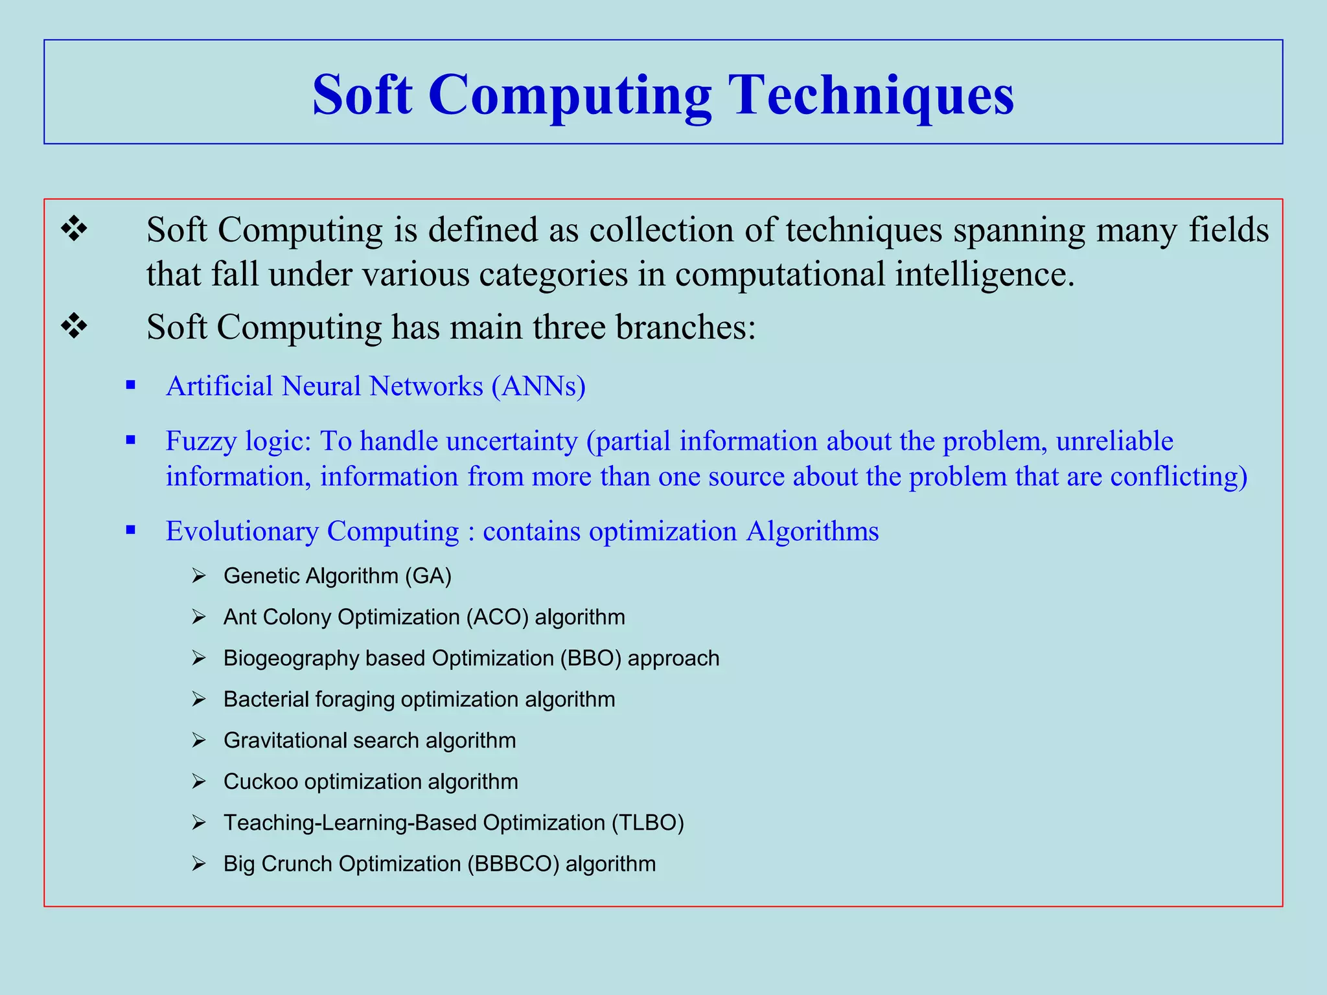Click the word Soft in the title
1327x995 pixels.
click(x=362, y=95)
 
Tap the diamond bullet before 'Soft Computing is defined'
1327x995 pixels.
click(x=74, y=229)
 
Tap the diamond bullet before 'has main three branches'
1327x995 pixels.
click(x=74, y=326)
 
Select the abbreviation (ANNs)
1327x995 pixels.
click(x=538, y=386)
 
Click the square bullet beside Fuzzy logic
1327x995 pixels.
click(x=131, y=440)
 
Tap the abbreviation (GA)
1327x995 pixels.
click(x=428, y=576)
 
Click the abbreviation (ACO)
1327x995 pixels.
click(x=497, y=617)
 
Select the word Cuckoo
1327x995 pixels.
click(x=260, y=782)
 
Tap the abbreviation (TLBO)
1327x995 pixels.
click(x=647, y=823)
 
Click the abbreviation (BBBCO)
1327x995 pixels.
click(x=513, y=864)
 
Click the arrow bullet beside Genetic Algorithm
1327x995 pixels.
click(x=198, y=576)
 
